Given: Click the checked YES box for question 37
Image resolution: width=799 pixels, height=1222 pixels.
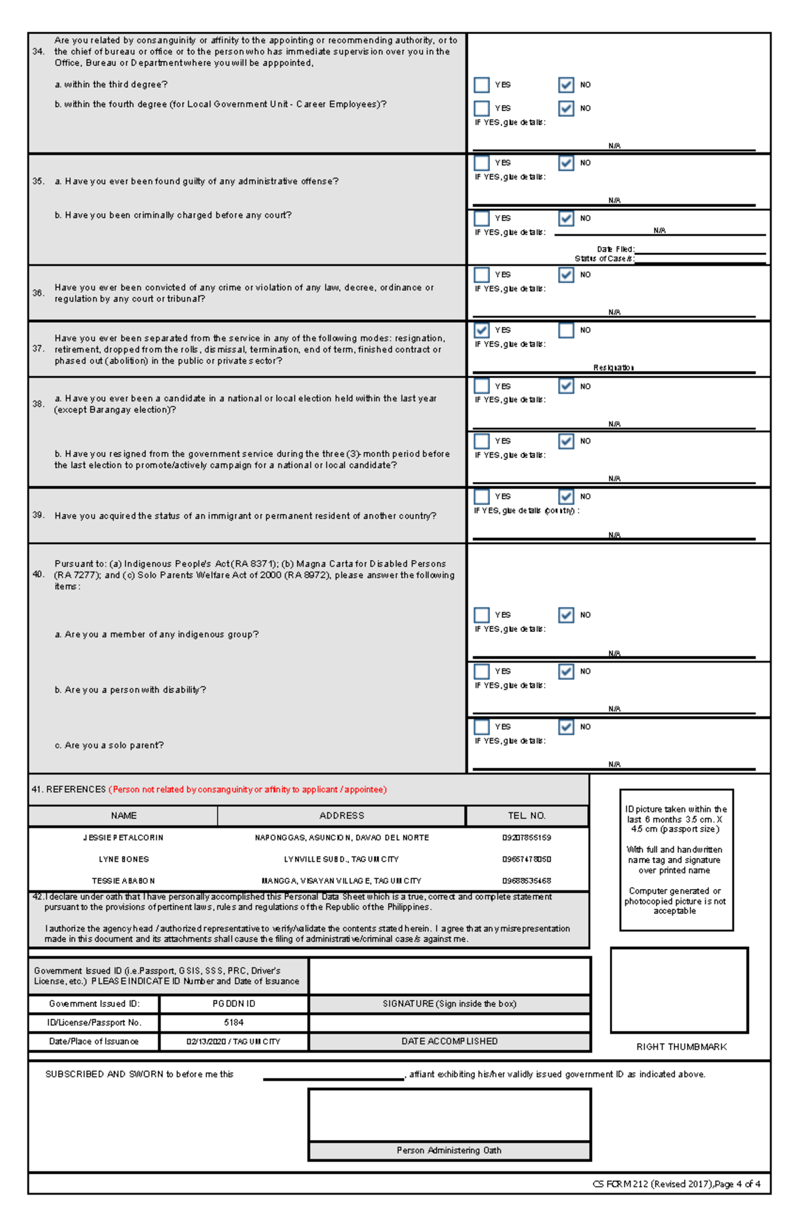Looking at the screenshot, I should tap(481, 330).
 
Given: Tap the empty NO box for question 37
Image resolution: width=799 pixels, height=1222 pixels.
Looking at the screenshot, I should tap(566, 330).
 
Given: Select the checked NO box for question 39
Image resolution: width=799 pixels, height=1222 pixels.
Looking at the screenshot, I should tap(566, 497).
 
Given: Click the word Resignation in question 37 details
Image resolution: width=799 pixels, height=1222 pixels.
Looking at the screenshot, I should tap(613, 368).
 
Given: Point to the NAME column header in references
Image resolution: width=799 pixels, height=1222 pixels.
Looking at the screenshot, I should tap(124, 816).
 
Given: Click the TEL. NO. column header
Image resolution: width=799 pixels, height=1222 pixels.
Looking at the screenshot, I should tap(527, 816).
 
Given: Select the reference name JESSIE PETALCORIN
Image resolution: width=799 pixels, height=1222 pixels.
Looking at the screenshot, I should tap(123, 838).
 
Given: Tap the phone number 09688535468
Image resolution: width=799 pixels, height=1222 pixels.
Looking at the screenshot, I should tap(527, 880).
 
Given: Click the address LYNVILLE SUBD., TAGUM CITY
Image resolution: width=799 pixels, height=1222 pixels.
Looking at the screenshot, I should tap(342, 859).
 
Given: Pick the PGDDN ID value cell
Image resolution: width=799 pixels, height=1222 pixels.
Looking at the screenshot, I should tap(234, 1004).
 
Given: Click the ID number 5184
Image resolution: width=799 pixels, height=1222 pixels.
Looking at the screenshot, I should tap(234, 1022).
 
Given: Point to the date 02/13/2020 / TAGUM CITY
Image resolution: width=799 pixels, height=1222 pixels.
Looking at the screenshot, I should tap(234, 1042).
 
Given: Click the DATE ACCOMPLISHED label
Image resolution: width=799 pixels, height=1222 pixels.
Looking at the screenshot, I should tap(449, 1042).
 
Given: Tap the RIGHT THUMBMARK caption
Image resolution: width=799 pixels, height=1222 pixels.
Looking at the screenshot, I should tap(681, 1047).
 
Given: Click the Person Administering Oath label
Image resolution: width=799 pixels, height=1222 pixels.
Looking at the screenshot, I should tap(449, 1150).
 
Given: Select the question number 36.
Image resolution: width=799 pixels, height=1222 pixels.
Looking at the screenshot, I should tap(38, 293).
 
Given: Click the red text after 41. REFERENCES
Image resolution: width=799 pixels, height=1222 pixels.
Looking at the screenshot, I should tap(248, 790).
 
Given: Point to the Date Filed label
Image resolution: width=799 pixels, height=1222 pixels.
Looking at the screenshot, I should tap(615, 249).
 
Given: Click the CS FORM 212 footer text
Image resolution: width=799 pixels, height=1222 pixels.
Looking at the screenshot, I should tap(676, 1184).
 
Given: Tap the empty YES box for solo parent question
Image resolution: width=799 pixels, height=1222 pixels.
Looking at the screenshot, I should tap(481, 727).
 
